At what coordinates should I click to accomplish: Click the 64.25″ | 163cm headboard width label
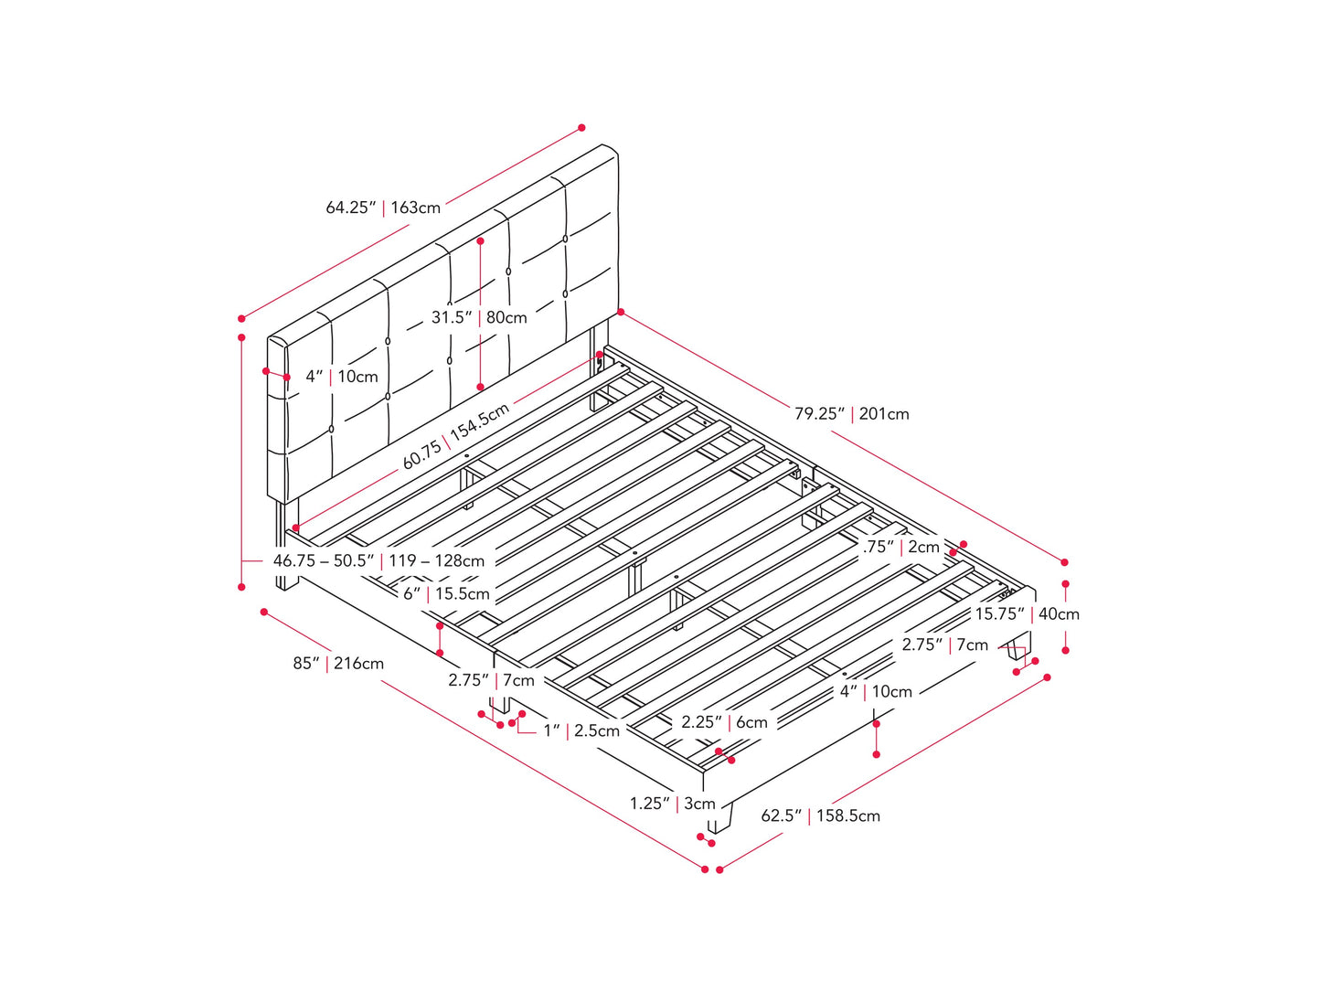tap(383, 208)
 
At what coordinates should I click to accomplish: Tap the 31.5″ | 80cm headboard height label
tap(479, 317)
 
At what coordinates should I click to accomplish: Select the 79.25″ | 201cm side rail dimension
tap(852, 414)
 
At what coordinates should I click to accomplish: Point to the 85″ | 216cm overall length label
tap(338, 663)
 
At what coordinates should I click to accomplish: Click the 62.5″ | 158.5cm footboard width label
tap(820, 815)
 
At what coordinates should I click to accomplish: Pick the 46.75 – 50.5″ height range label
tap(324, 560)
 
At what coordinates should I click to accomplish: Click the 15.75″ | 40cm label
tap(1028, 614)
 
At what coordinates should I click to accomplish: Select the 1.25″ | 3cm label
tap(672, 804)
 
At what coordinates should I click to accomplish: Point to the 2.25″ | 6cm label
tap(724, 722)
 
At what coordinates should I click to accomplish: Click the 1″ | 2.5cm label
tap(581, 731)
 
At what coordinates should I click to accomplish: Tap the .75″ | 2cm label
tap(900, 547)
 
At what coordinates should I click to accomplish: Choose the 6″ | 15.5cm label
tap(446, 594)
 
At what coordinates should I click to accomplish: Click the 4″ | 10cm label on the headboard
tap(342, 377)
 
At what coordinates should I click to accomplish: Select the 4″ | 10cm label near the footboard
tap(876, 692)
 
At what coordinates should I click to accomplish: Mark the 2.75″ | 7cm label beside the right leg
tap(945, 645)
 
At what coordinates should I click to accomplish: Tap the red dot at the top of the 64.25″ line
tap(581, 128)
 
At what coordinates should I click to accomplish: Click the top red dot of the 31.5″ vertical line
tap(480, 240)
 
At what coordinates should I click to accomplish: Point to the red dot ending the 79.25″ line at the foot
tap(1064, 562)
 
